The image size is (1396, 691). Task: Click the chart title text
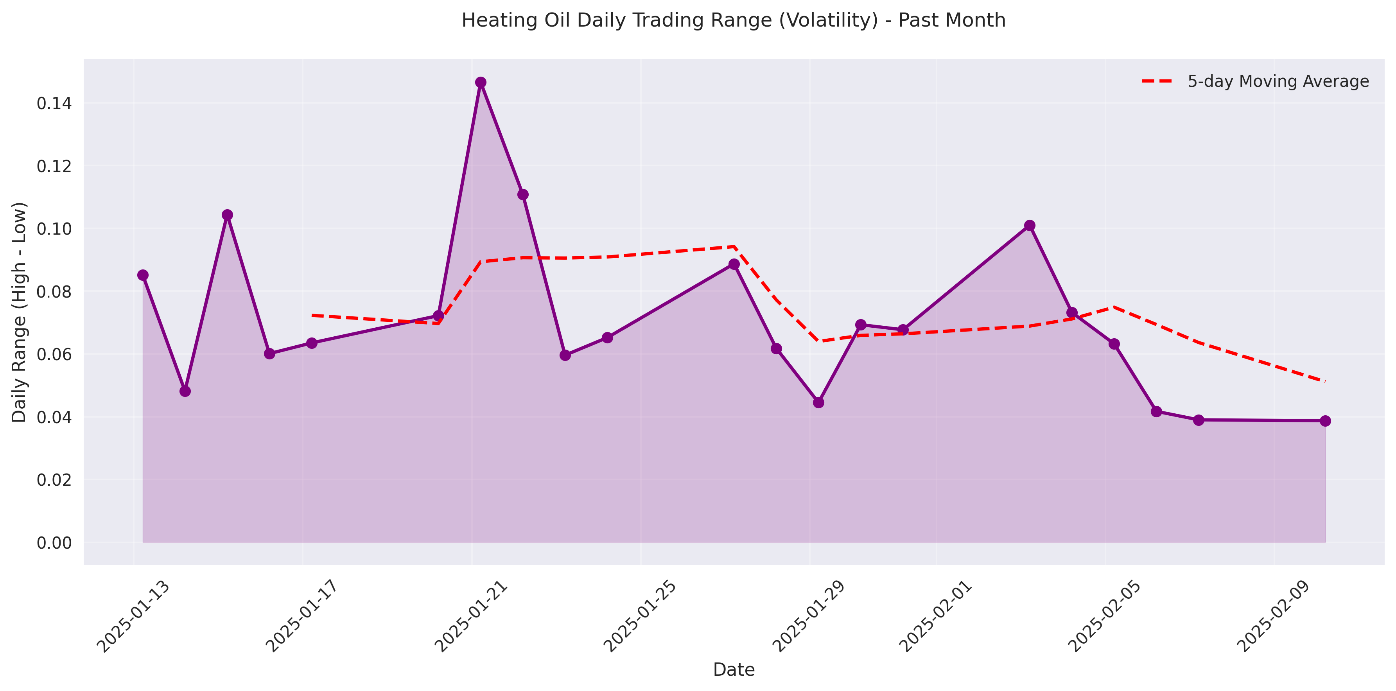point(733,21)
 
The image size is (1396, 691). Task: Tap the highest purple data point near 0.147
point(481,83)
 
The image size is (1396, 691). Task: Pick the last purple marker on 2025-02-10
point(1325,421)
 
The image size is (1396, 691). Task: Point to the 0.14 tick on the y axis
point(54,103)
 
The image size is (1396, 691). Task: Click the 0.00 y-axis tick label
point(54,542)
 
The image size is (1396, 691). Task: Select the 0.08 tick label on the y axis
point(54,292)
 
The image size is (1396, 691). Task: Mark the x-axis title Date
point(733,670)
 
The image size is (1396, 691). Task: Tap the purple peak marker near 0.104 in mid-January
point(228,215)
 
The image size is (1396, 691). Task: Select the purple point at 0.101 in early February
point(1030,226)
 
